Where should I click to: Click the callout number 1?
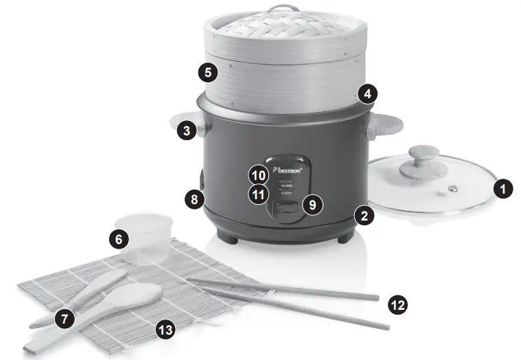[505, 188]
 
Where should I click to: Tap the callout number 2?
[364, 216]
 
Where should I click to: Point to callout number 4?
[369, 93]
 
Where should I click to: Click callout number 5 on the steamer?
[209, 71]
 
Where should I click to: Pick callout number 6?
[119, 239]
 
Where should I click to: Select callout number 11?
[257, 194]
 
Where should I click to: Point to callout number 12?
[397, 304]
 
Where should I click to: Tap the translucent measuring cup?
[148, 237]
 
